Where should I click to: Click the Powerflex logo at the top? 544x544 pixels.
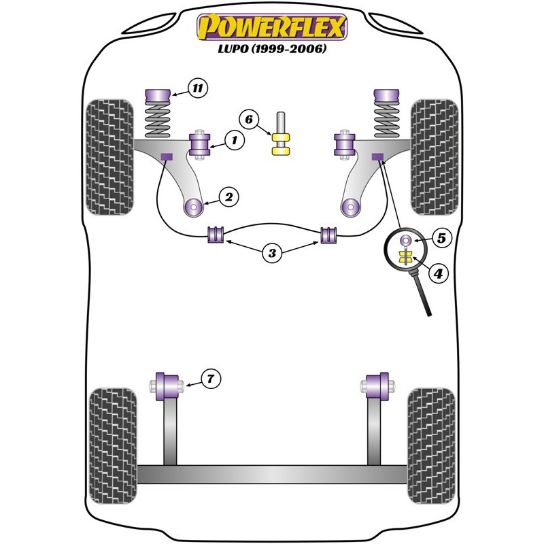[x=272, y=27]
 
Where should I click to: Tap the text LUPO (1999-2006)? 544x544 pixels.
[x=272, y=48]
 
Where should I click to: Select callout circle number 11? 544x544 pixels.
[x=197, y=88]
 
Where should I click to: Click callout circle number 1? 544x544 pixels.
[x=235, y=141]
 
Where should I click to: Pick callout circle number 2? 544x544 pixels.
[x=229, y=197]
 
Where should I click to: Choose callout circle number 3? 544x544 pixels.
[x=273, y=253]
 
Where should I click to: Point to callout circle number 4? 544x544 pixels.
[x=439, y=274]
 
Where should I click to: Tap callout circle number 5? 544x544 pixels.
[x=441, y=239]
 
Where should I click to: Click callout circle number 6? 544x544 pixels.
[x=249, y=120]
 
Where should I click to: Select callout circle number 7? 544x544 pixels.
[x=211, y=378]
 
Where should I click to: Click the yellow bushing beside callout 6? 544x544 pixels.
[x=281, y=144]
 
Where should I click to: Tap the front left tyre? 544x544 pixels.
[x=109, y=157]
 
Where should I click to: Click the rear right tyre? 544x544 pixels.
[x=431, y=446]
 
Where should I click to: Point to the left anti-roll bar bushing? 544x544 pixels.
[x=216, y=235]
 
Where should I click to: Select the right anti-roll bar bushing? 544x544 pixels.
[x=328, y=235]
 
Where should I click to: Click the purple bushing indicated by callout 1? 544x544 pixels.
[x=199, y=144]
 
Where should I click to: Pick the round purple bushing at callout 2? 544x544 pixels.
[x=193, y=208]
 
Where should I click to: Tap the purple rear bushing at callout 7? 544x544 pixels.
[x=167, y=386]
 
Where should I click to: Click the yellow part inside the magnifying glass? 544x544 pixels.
[x=405, y=258]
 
